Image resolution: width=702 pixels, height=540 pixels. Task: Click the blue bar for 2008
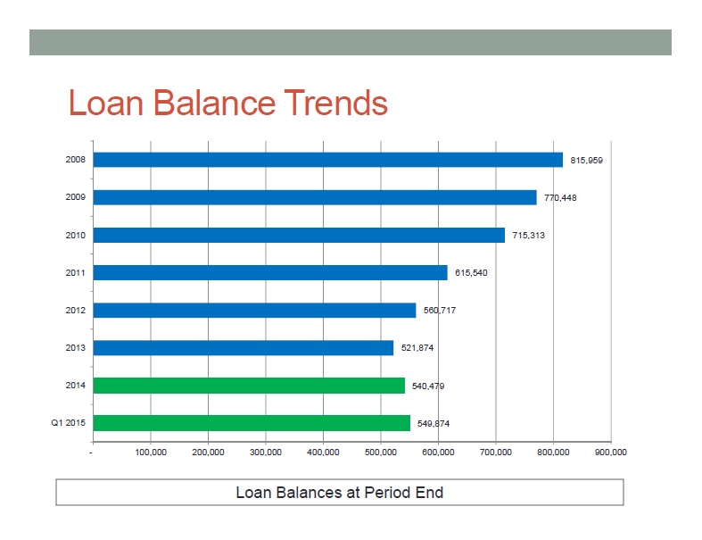click(x=327, y=160)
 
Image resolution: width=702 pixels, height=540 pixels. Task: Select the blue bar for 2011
click(x=270, y=272)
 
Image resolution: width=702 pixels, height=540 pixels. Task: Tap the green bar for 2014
click(x=249, y=386)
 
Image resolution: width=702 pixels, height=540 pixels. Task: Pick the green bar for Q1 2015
click(x=252, y=423)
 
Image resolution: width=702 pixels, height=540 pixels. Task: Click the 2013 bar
click(x=244, y=348)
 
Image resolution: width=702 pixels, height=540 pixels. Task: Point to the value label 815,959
click(x=587, y=161)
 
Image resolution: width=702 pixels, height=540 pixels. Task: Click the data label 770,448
click(x=560, y=197)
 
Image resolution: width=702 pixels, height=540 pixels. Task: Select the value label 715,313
click(x=528, y=236)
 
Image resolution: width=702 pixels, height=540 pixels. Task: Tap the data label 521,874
click(x=417, y=348)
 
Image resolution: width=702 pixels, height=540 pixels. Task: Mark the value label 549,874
click(x=434, y=423)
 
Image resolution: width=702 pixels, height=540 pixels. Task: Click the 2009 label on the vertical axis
click(x=75, y=197)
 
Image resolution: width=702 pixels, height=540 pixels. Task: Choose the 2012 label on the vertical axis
click(x=75, y=310)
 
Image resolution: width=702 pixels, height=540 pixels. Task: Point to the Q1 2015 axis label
click(x=68, y=422)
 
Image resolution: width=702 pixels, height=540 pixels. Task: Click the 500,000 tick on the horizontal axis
click(x=381, y=453)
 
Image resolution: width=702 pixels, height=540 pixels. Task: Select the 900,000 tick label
click(x=611, y=453)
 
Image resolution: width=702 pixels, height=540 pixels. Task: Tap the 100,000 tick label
click(x=151, y=453)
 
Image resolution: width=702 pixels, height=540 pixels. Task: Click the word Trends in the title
click(x=335, y=103)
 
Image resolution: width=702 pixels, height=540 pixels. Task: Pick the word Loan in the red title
click(x=106, y=103)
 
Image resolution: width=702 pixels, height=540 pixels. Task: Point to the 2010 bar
click(x=299, y=235)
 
